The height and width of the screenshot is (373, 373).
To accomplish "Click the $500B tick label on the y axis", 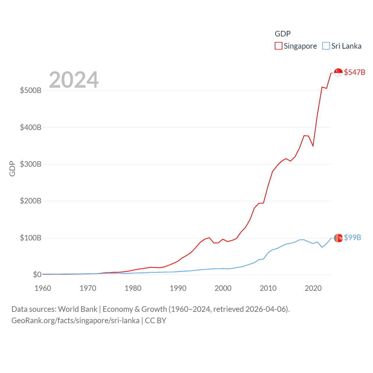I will (x=31, y=90).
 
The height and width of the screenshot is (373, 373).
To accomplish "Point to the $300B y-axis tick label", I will (x=31, y=164).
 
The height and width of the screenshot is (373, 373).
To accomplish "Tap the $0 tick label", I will (x=37, y=275).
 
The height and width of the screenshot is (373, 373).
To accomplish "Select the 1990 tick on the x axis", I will (x=178, y=288).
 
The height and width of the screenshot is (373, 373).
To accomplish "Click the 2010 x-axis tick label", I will (x=268, y=288).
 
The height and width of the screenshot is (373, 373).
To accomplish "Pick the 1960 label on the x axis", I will (x=43, y=288).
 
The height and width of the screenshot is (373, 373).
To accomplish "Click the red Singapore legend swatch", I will (x=279, y=46).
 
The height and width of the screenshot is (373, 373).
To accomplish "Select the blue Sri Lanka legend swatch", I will (x=326, y=46).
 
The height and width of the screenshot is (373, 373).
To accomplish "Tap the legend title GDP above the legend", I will (x=283, y=34).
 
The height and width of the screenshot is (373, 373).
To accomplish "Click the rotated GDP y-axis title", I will (x=12, y=168).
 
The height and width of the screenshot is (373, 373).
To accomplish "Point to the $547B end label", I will (x=354, y=72).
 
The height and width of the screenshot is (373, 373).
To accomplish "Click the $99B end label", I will (x=352, y=237).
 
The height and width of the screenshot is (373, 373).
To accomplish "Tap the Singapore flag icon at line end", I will (x=338, y=73).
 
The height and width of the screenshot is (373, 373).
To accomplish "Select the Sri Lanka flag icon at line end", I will (x=338, y=238).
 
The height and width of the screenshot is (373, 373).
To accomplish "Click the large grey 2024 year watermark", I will (x=74, y=80).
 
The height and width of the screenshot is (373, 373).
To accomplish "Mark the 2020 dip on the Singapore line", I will (x=313, y=146).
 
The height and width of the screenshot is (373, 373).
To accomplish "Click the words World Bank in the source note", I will (x=78, y=309).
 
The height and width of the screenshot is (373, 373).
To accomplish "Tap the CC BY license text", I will (x=156, y=321).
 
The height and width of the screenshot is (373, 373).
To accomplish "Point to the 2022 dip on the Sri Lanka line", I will (x=322, y=247).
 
